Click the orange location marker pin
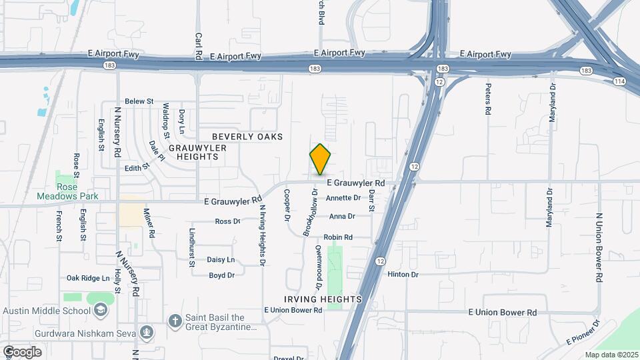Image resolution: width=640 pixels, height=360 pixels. [320, 159]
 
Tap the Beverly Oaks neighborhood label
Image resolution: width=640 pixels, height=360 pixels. [247, 137]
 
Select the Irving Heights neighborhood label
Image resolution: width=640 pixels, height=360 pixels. [323, 299]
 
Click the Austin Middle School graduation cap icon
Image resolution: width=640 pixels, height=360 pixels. [100, 310]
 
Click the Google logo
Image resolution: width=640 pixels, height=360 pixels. [22, 351]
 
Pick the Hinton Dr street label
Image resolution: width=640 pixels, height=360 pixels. [403, 274]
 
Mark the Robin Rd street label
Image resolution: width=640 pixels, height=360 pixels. [338, 237]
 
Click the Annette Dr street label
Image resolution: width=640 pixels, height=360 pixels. [343, 198]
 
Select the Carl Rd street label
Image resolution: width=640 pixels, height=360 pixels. [198, 45]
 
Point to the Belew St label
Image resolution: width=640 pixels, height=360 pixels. [139, 101]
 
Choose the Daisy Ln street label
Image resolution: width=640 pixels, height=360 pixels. [221, 259]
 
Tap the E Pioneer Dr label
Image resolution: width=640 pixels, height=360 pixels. [583, 332]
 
